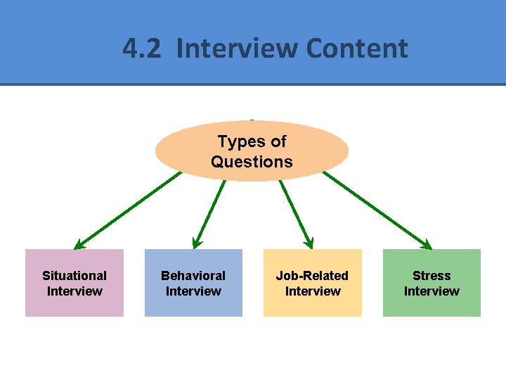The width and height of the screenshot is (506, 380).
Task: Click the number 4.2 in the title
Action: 143,49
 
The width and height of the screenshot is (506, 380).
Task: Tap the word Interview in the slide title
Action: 238,49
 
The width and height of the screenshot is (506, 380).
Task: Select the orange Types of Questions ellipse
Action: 252,151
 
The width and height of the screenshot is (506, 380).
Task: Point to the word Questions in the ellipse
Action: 252,162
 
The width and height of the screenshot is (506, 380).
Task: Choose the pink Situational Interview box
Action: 74,283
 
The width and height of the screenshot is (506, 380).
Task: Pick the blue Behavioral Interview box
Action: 193,283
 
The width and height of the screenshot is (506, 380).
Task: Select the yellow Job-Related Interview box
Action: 313,283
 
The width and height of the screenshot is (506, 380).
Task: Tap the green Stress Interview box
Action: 432,283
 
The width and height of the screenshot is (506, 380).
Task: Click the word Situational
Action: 74,276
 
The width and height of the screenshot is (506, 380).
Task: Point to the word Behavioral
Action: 193,276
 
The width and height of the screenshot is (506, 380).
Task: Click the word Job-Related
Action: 312,276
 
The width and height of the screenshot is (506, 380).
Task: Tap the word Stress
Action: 432,276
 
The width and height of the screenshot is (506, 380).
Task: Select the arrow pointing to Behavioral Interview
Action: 209,213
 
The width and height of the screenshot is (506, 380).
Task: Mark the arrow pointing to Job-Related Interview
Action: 296,212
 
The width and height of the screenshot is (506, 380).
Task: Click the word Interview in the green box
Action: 432,291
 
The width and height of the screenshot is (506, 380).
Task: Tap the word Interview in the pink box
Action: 74,291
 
